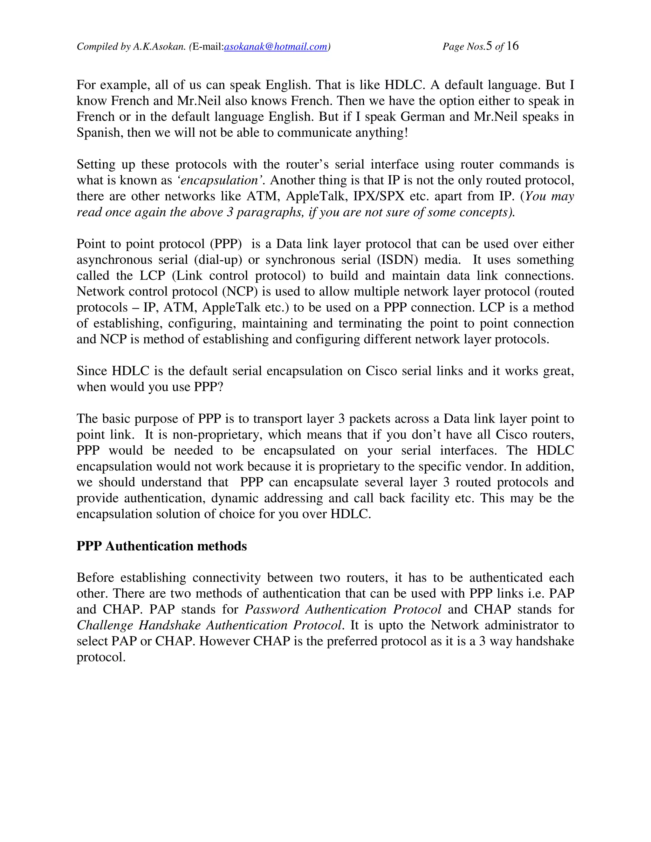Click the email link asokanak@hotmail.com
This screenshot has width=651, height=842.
(x=275, y=47)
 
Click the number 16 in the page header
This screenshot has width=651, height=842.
(x=512, y=46)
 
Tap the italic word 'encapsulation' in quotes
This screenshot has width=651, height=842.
(x=220, y=180)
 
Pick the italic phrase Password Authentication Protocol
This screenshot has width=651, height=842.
(x=343, y=609)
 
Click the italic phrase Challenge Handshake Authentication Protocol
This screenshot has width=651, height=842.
(x=209, y=625)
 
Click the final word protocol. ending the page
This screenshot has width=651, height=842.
(x=101, y=657)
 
